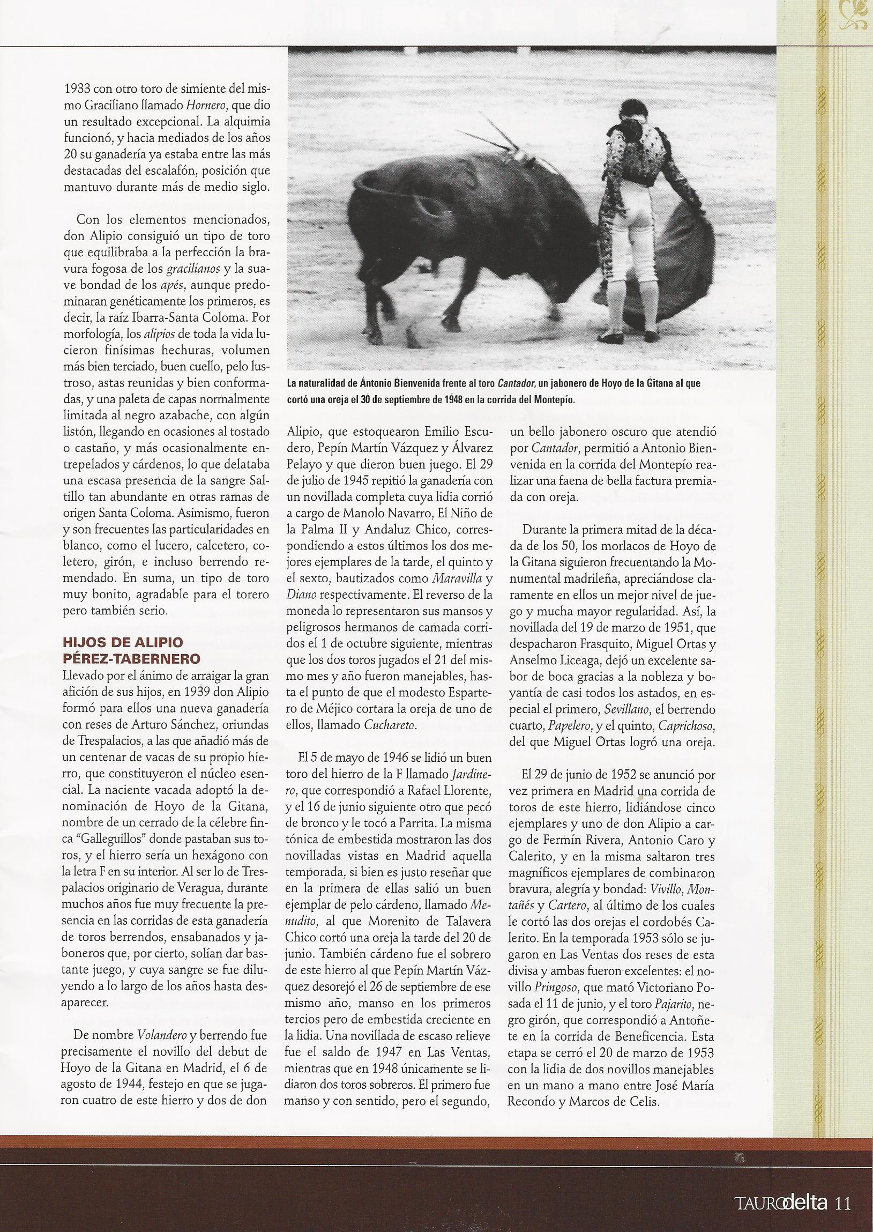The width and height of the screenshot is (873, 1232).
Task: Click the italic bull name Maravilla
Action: click(465, 579)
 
